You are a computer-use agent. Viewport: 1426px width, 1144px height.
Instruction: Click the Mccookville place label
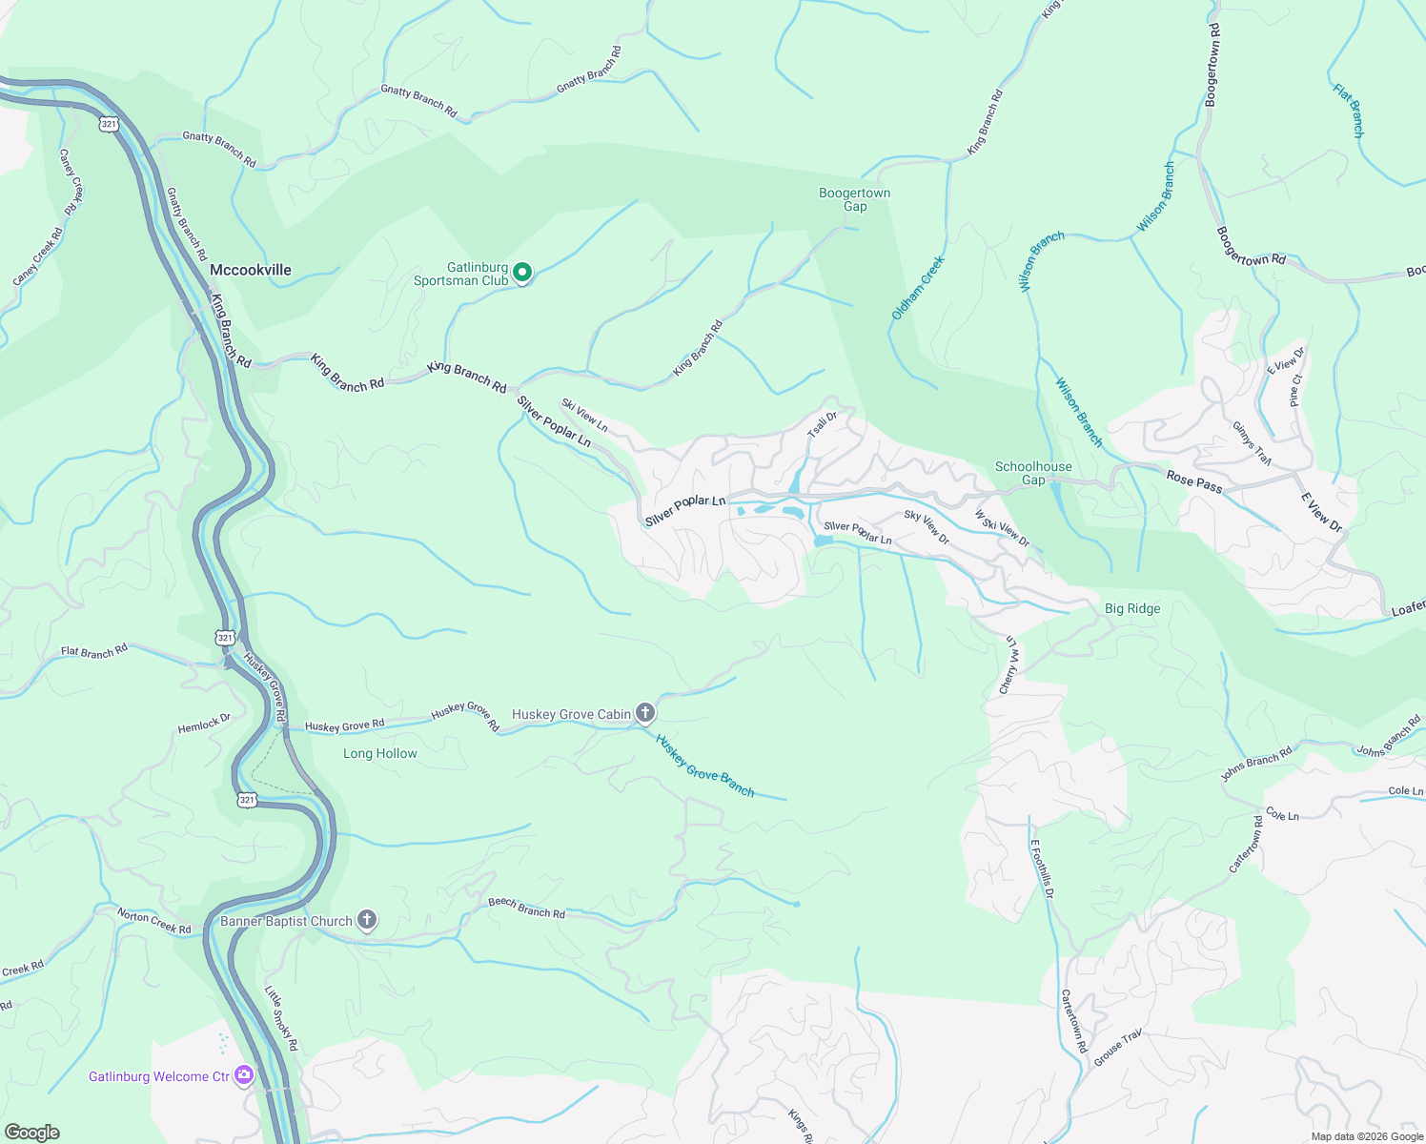(251, 270)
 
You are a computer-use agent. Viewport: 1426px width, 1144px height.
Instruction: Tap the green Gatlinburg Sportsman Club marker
(522, 274)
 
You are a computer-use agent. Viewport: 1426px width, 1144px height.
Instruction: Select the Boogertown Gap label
(854, 199)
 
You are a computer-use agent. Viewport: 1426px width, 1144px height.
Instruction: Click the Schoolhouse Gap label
(1033, 473)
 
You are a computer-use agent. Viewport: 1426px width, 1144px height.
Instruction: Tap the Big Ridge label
(1132, 608)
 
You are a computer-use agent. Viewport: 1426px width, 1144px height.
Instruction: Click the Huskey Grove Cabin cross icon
(645, 713)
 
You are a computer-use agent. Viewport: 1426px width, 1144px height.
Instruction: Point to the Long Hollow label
(380, 753)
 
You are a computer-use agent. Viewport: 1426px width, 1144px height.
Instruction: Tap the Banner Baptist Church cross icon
(367, 920)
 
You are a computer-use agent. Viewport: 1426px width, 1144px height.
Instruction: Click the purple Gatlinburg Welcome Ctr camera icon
(244, 1076)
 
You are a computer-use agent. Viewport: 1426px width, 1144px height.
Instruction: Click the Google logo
(31, 1133)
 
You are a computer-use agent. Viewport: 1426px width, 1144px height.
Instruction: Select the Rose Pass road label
(1194, 483)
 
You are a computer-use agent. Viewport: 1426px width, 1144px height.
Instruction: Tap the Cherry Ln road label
(1008, 665)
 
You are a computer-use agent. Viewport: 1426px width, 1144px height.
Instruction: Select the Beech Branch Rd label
(526, 908)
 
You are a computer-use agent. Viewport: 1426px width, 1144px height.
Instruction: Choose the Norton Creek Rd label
(154, 922)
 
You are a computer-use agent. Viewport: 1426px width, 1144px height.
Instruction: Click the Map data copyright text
(1367, 1135)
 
